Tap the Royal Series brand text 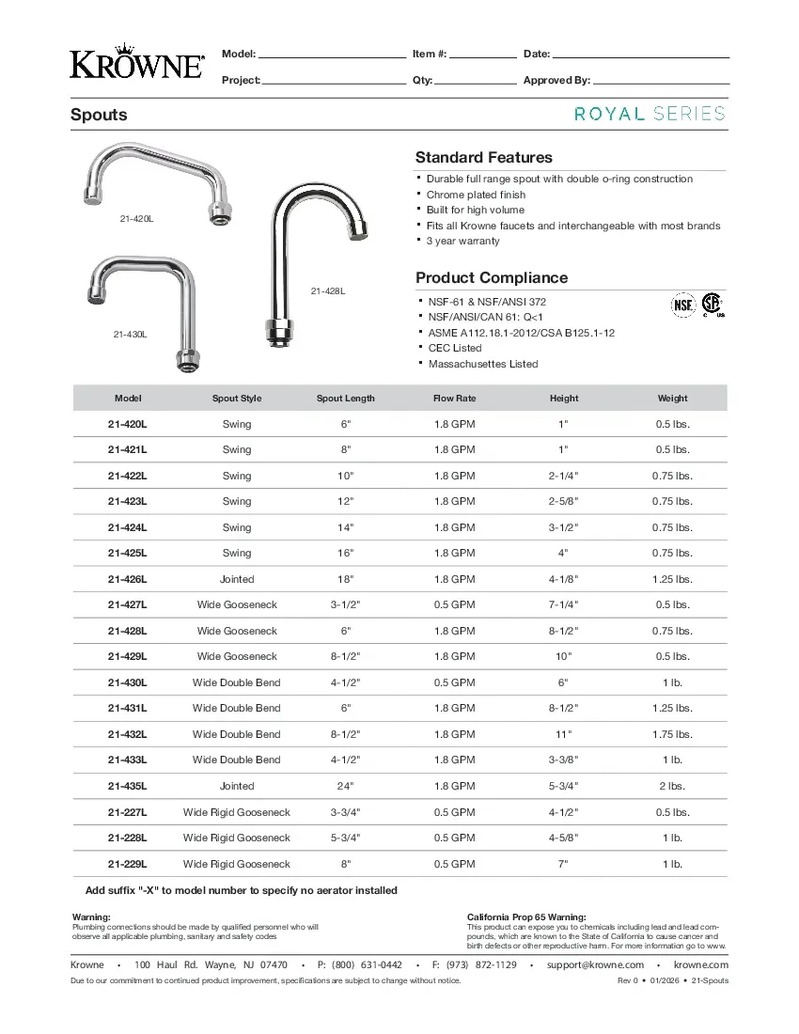(650, 114)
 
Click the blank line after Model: (332, 55)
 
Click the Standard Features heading (483, 158)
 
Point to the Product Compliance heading (492, 278)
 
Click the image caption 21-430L (130, 335)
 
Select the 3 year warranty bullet (462, 242)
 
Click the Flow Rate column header (454, 399)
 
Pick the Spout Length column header (345, 399)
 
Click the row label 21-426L (128, 580)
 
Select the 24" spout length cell (345, 787)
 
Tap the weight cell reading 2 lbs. (672, 787)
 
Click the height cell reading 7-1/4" (564, 605)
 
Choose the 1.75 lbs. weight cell (672, 735)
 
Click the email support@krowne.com (595, 965)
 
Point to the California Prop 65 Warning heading (526, 916)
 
